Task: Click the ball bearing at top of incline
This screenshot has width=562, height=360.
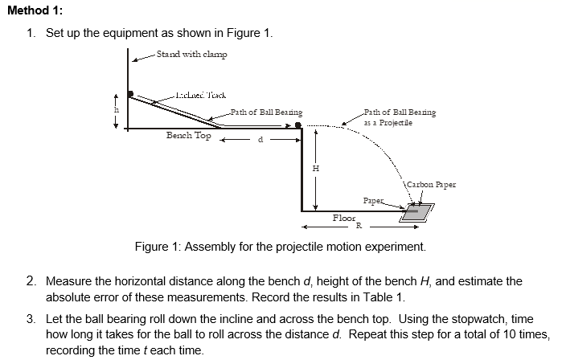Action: click(x=130, y=95)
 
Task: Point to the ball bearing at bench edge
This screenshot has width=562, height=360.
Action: click(x=298, y=125)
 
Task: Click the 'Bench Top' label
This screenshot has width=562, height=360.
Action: click(x=189, y=136)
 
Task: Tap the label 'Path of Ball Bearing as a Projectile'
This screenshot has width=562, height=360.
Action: click(x=400, y=117)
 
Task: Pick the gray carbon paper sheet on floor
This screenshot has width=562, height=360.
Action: click(x=416, y=212)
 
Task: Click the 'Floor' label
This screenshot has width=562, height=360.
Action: click(x=343, y=218)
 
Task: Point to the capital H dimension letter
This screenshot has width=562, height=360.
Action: click(x=316, y=168)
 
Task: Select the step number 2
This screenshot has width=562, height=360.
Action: click(x=30, y=281)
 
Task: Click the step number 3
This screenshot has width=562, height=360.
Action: click(x=30, y=319)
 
